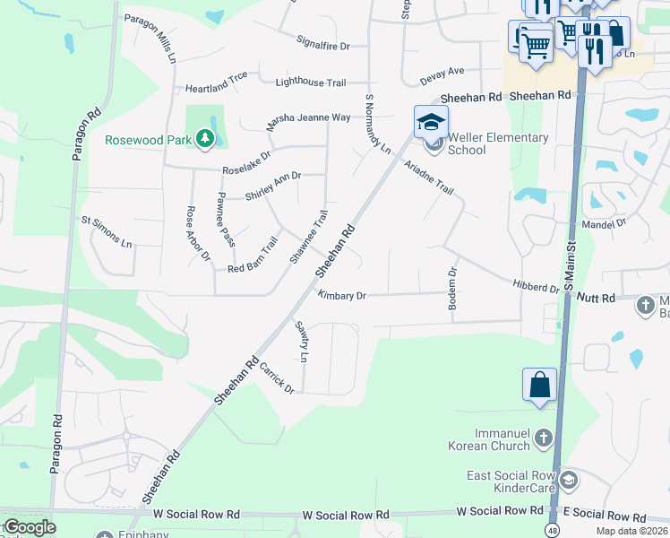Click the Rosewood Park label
point(148,139)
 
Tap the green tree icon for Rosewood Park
point(205,139)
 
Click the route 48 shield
point(554,531)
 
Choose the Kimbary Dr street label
point(342,295)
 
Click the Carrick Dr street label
point(278,377)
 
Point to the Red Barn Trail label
point(253,256)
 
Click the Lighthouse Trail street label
point(310,82)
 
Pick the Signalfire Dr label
point(322,43)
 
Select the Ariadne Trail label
point(428,178)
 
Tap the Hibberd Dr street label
point(536,287)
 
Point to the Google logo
point(30,527)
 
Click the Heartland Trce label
point(216,88)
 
